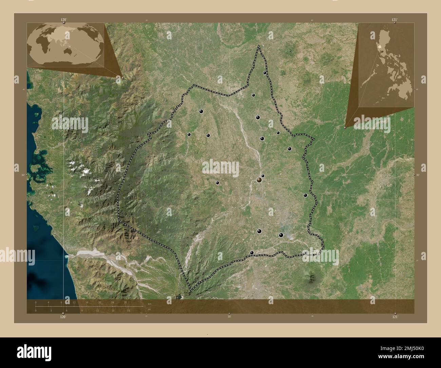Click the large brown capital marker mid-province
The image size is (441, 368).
[x=259, y=180]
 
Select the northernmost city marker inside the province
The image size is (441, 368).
[x=265, y=73]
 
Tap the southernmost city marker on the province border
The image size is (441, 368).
[x=251, y=252]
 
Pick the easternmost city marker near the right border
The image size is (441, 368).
[x=305, y=195]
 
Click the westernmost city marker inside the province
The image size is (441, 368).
[x=189, y=134]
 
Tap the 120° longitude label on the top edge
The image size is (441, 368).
[x=63, y=20]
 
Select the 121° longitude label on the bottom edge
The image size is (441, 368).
[x=395, y=317]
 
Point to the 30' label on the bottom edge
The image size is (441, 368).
[x=229, y=317]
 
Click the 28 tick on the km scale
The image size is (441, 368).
[x=125, y=302]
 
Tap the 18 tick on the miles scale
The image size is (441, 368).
[x=128, y=310]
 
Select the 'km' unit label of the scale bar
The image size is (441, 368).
[x=149, y=303]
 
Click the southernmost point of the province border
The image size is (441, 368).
[x=190, y=291]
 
